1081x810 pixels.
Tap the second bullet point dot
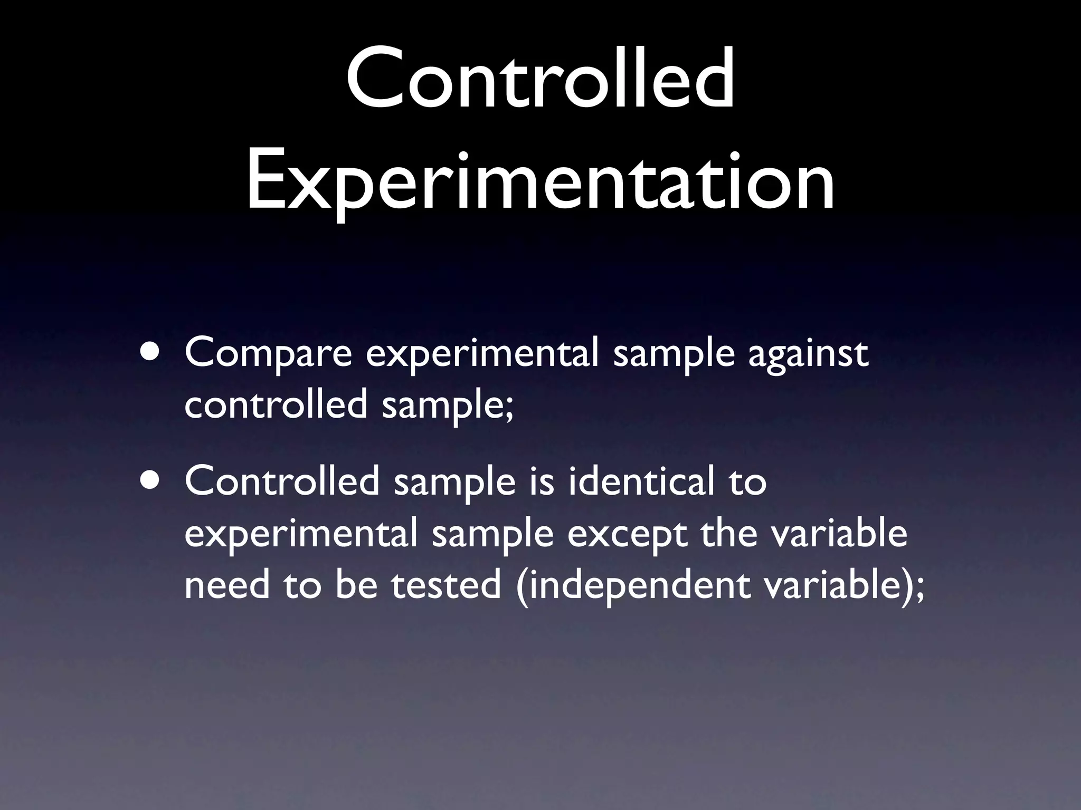point(151,481)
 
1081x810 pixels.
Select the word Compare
point(268,354)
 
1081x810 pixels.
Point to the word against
point(808,354)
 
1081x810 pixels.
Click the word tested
point(446,585)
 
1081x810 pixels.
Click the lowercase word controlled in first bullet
point(276,405)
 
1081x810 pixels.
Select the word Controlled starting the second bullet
point(282,481)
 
